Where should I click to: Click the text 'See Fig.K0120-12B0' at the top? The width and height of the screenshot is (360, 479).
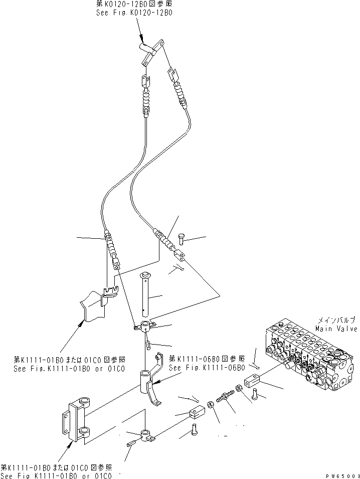134,14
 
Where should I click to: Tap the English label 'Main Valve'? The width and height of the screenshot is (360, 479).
336,329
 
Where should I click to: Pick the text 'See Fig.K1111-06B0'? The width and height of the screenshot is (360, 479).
207,368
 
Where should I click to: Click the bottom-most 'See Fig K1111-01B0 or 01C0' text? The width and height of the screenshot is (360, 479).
61,475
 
